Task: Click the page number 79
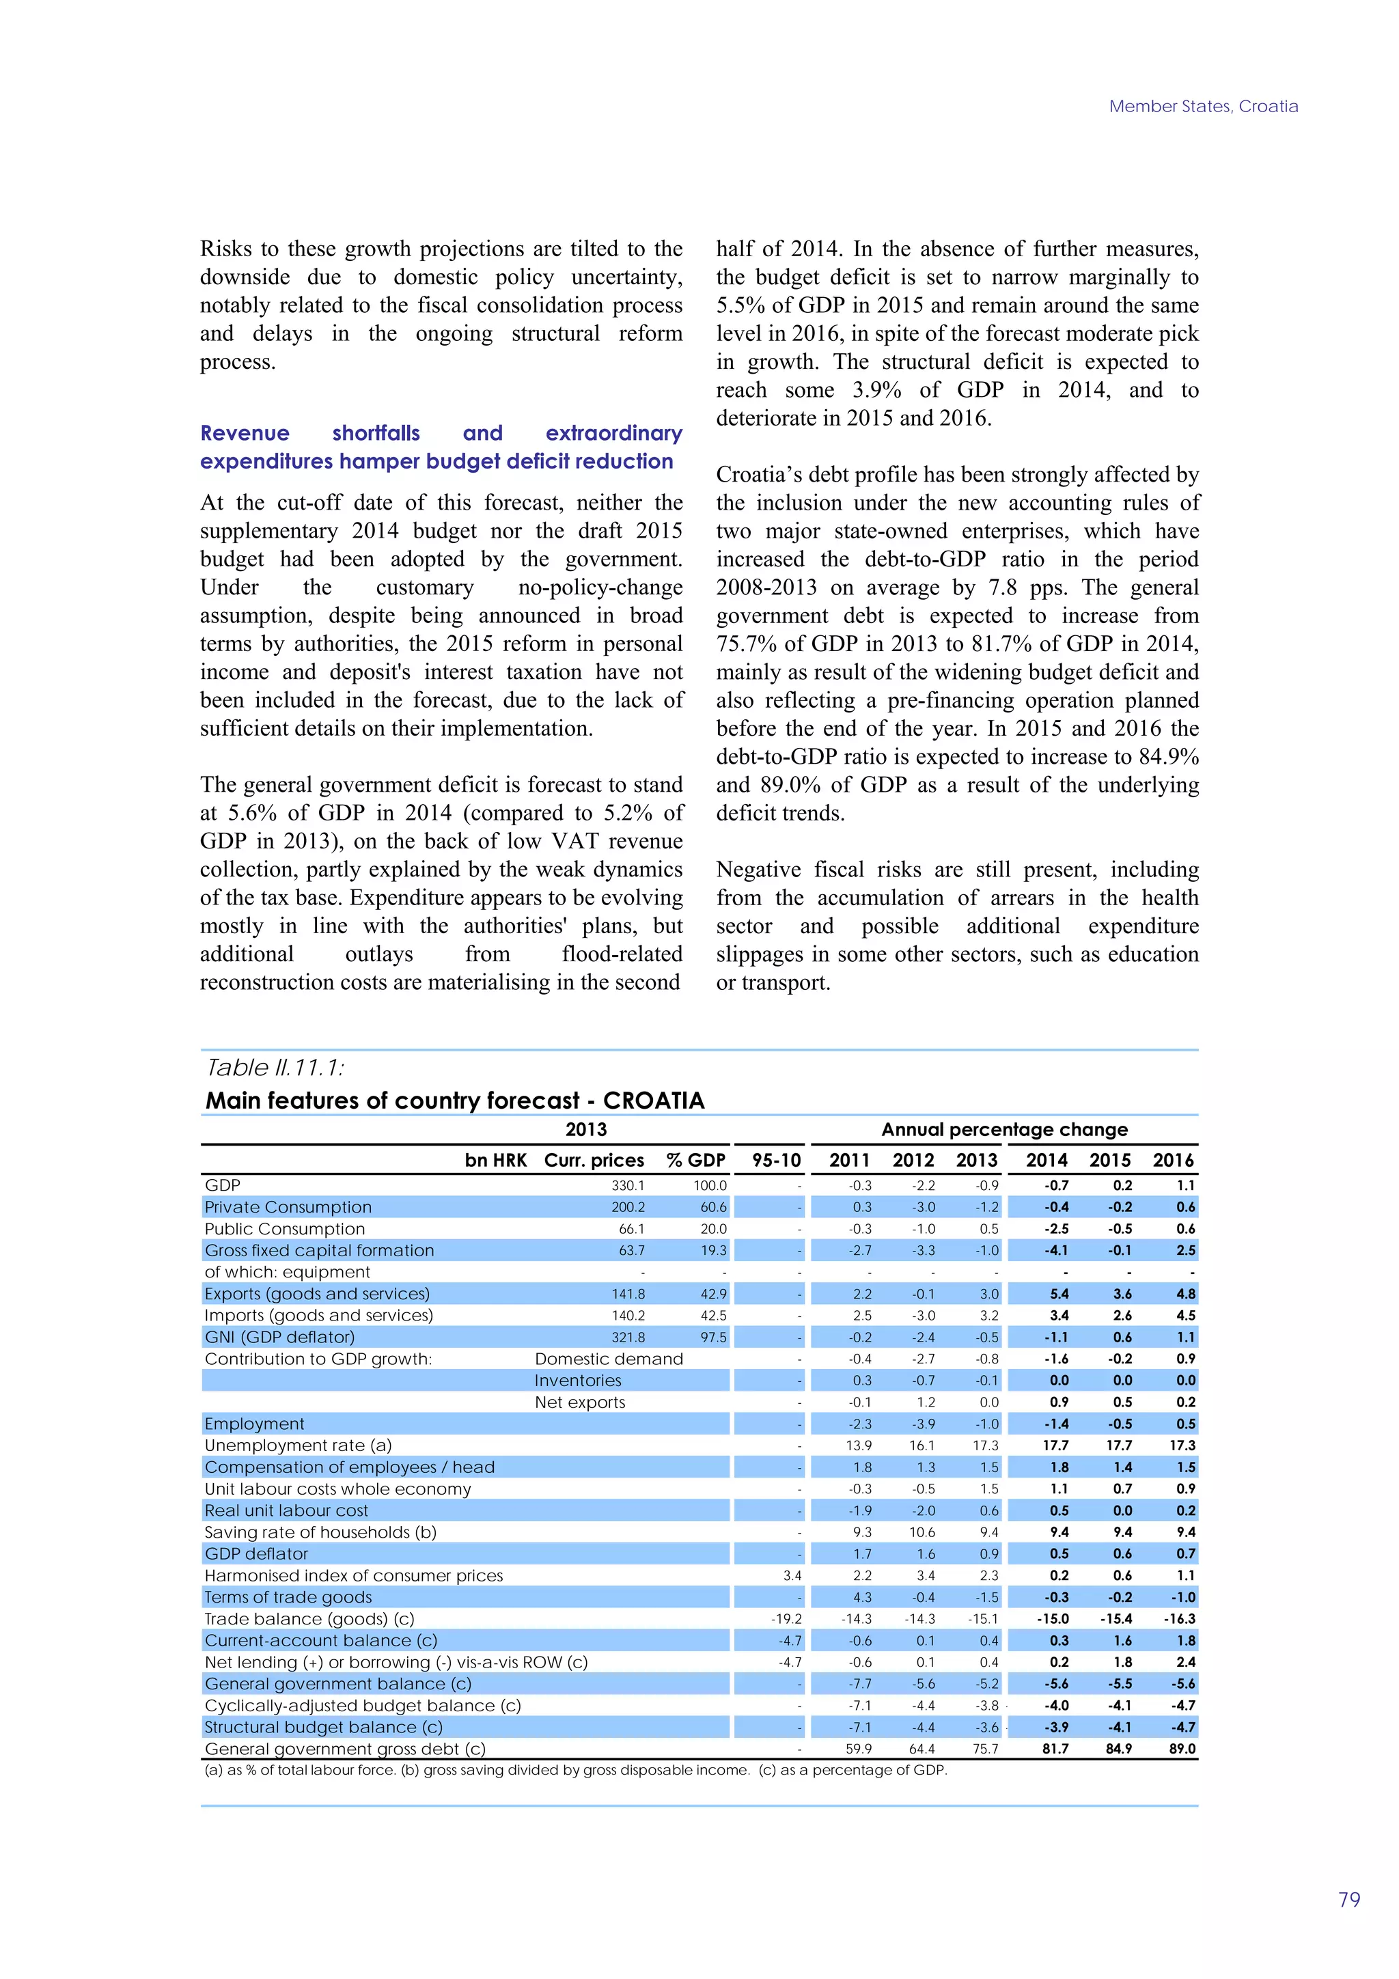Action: (x=1349, y=1900)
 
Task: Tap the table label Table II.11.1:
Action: (x=275, y=1068)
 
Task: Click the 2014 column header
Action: (x=1047, y=1160)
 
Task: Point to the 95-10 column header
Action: (x=776, y=1160)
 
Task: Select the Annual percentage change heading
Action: (x=1004, y=1129)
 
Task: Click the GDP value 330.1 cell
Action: (x=628, y=1185)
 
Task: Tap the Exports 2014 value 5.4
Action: (x=1059, y=1294)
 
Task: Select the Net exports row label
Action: (x=579, y=1402)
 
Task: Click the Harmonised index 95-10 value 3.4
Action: (x=791, y=1575)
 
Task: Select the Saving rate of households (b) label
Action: (x=320, y=1532)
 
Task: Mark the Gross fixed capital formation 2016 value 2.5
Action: (x=1185, y=1251)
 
